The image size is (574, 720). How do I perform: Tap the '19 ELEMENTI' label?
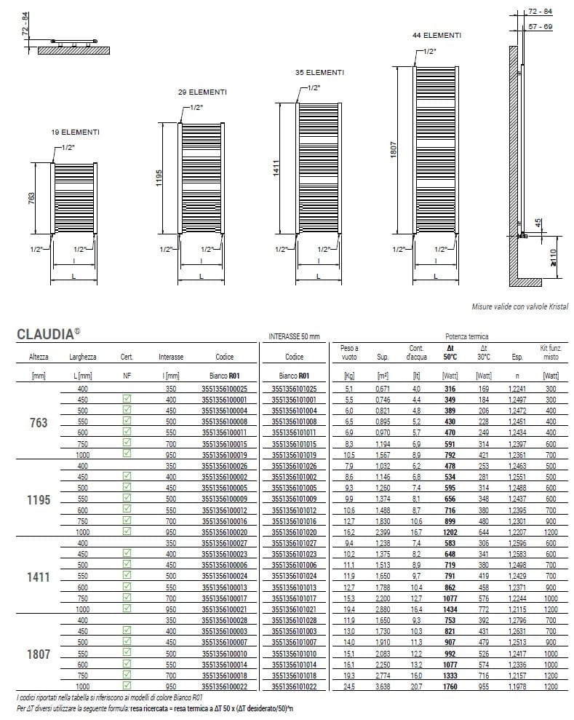(x=75, y=132)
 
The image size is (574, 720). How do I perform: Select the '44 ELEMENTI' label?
(x=437, y=35)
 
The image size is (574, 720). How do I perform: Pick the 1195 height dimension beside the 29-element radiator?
(x=159, y=178)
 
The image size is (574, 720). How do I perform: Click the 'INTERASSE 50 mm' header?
(x=294, y=336)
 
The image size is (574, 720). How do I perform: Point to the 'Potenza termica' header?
(x=467, y=336)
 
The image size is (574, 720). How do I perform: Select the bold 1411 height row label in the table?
(x=39, y=577)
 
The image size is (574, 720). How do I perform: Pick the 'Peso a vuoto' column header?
(x=349, y=352)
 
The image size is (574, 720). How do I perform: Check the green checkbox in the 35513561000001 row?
(x=127, y=400)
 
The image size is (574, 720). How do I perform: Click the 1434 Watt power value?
(x=450, y=609)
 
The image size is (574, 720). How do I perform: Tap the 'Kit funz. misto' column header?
(x=551, y=352)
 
